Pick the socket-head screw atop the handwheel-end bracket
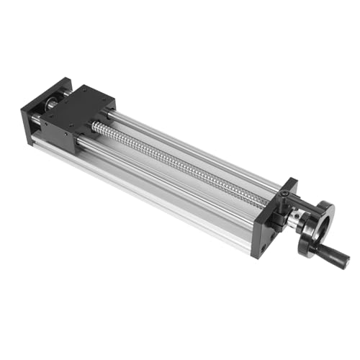[x=284, y=194]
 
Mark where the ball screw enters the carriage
[x=96, y=127]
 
